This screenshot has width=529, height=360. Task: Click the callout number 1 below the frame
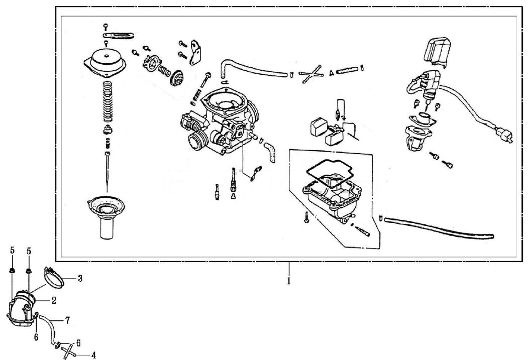289,282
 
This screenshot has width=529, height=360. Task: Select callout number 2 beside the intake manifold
53,301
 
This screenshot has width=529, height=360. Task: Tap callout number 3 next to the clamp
79,278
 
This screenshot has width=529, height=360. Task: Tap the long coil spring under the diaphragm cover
108,103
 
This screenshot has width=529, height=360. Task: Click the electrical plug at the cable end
504,136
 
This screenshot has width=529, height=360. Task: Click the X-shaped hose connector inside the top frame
310,74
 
